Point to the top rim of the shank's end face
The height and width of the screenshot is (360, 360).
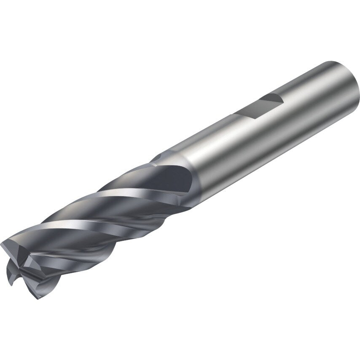pyautogui.click(x=333, y=63)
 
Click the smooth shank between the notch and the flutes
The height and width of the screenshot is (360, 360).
pyautogui.click(x=211, y=148)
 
